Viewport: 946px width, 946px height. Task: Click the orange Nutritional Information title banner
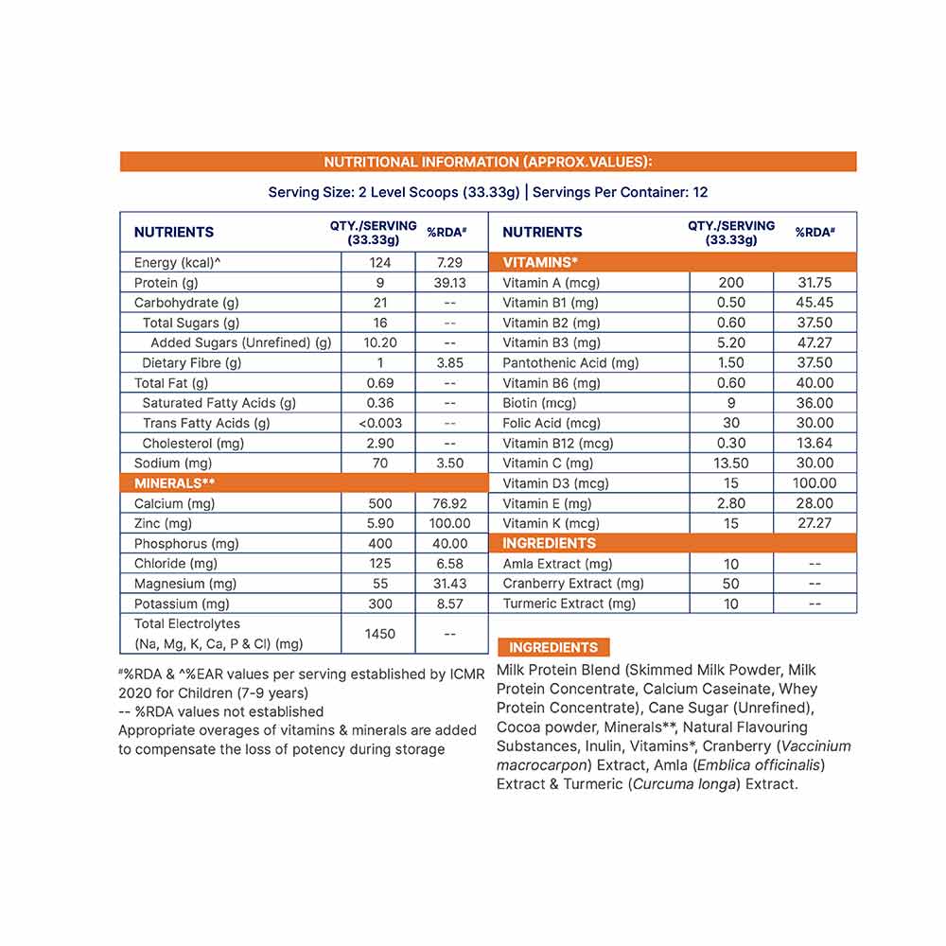click(x=487, y=162)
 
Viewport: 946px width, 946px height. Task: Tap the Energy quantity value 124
click(x=378, y=262)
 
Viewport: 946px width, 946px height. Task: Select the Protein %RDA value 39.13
click(x=449, y=283)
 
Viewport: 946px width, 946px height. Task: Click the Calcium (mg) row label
click(x=175, y=503)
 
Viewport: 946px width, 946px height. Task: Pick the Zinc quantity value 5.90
click(x=378, y=523)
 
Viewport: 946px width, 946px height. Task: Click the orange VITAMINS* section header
click(x=540, y=262)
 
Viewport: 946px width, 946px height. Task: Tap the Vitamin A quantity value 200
click(x=731, y=283)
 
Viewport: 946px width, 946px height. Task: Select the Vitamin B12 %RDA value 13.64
click(x=815, y=443)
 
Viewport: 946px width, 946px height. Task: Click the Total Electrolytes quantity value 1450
click(x=378, y=634)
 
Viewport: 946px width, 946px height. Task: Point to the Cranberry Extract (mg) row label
click(x=573, y=584)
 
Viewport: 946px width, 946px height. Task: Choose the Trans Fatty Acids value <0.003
click(x=378, y=423)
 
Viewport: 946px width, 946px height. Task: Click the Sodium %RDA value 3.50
click(x=449, y=463)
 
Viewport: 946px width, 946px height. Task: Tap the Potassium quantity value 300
click(x=378, y=604)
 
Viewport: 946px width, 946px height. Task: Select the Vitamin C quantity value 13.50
click(x=731, y=463)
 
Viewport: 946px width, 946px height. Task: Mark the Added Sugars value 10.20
click(x=378, y=342)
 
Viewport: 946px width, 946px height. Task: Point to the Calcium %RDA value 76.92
click(x=449, y=503)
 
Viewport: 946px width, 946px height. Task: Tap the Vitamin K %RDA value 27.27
click(x=815, y=523)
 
